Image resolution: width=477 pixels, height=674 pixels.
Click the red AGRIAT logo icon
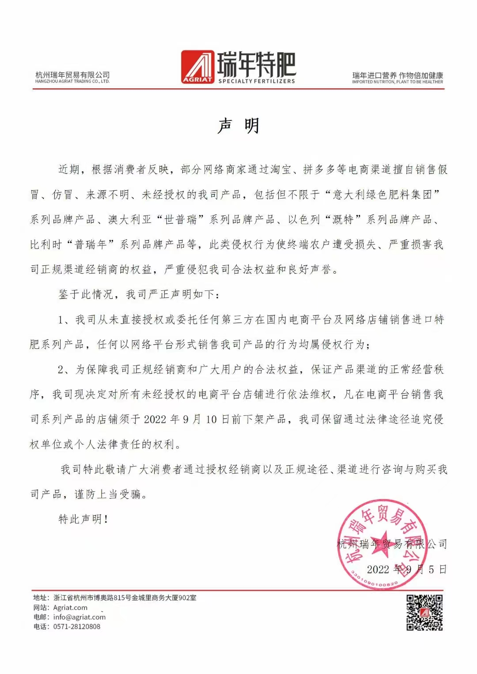(x=197, y=67)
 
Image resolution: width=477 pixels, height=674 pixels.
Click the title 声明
(x=238, y=126)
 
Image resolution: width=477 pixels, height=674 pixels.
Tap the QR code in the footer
(x=424, y=612)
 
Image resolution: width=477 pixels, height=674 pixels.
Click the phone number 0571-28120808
(x=77, y=626)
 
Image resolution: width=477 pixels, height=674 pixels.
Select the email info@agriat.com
(x=79, y=617)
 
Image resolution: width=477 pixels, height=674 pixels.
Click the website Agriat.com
(x=70, y=607)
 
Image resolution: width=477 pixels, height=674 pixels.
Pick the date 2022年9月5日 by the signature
(x=406, y=569)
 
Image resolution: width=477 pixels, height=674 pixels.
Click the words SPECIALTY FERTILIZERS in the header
(x=257, y=81)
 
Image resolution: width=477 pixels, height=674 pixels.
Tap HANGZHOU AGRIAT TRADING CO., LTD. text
(x=72, y=81)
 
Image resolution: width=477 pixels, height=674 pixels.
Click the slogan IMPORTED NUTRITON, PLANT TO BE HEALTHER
(x=397, y=82)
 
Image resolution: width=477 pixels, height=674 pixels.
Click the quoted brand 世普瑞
(x=180, y=220)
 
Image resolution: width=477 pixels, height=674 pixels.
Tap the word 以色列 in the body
(x=303, y=220)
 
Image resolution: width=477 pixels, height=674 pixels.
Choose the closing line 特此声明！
(x=83, y=519)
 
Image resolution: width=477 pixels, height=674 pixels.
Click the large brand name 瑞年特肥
(x=256, y=64)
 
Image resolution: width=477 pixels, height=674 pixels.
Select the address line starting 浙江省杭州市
(x=125, y=598)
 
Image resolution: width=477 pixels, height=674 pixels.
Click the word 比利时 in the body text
(x=46, y=245)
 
